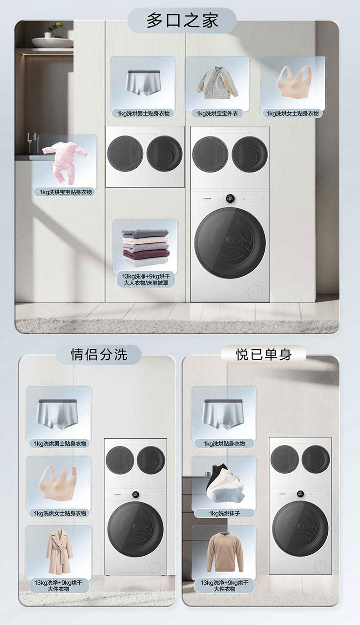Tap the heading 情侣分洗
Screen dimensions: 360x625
tap(99, 355)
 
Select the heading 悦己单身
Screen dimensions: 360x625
tap(263, 355)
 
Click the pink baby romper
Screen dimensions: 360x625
tap(65, 163)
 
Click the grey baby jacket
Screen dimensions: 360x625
tap(218, 83)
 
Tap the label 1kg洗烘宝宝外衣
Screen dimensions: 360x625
tap(217, 114)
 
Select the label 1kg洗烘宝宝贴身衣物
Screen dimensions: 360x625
tap(66, 192)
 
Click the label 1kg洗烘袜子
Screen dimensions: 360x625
tap(225, 513)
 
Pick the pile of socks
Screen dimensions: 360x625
tap(225, 483)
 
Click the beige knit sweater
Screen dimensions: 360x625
tap(225, 548)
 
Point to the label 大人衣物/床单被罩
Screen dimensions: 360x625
tap(146, 283)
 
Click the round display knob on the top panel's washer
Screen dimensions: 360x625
tap(230, 199)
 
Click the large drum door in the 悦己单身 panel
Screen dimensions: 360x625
tap(300, 529)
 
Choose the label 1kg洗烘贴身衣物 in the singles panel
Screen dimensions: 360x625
tap(224, 444)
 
